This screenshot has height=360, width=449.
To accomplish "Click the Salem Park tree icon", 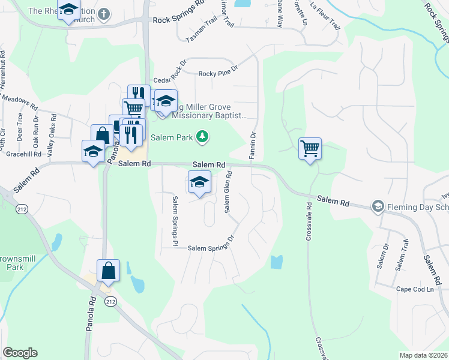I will (x=203, y=137).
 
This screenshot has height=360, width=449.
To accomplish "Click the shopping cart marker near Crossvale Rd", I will (x=310, y=148).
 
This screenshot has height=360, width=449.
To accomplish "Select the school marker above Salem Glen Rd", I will (x=199, y=182).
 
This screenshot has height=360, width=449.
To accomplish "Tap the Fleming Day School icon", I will (x=378, y=206).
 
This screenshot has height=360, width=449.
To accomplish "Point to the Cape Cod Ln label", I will (x=414, y=289).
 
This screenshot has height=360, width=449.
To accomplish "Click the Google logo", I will (x=20, y=353).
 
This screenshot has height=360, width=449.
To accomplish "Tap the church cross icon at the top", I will (x=104, y=12).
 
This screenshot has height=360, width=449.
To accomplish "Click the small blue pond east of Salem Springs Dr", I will (x=276, y=262).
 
